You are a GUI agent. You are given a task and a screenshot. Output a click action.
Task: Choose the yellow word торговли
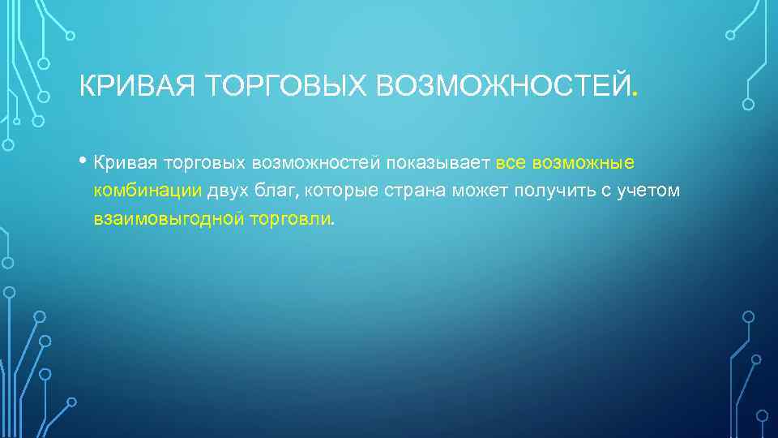(x=292, y=219)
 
